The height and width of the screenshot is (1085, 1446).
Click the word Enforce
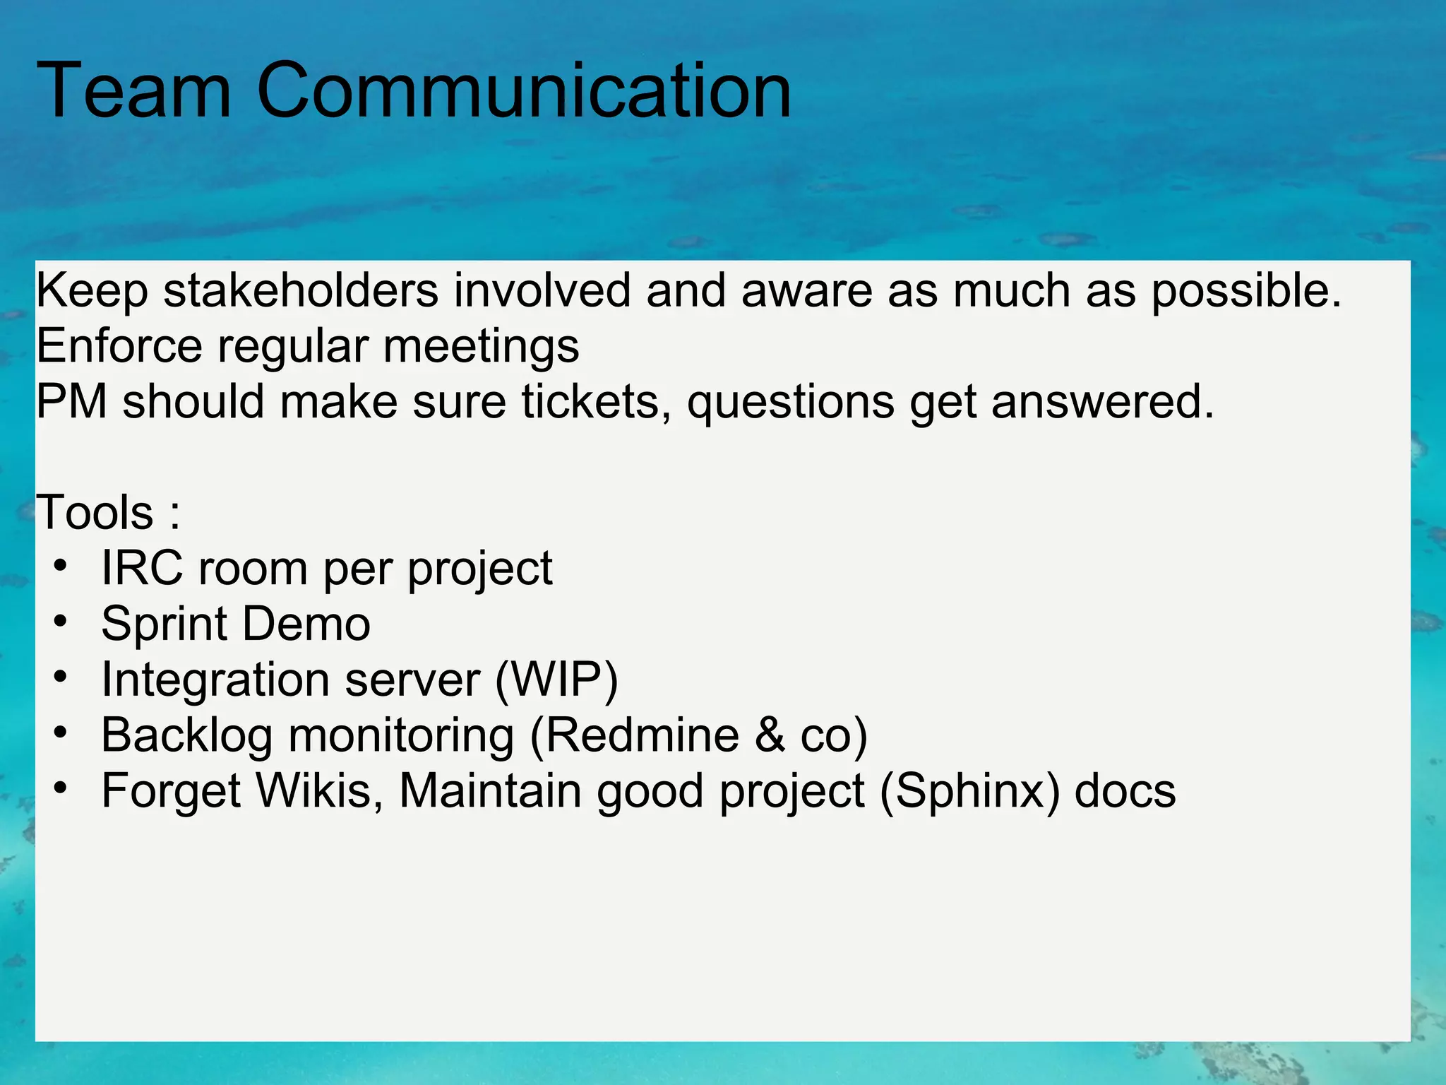click(119, 346)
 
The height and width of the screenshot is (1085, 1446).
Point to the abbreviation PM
click(71, 401)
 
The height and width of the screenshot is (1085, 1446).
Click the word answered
click(1101, 401)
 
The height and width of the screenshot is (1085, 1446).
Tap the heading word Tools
click(95, 512)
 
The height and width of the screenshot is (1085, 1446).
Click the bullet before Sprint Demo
click(61, 622)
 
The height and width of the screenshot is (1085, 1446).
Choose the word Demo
click(306, 624)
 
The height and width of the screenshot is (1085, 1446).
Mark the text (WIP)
click(556, 680)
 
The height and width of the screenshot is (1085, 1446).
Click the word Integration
click(215, 680)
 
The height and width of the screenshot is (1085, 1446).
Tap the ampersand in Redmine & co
click(770, 735)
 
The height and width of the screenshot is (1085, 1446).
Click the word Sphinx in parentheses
click(969, 790)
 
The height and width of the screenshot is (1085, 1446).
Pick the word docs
click(1125, 790)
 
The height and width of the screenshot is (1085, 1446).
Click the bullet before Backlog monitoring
click(61, 733)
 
